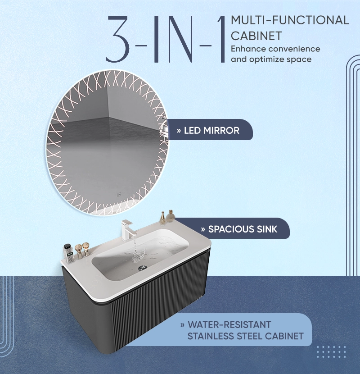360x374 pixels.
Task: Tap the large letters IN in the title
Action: coord(173,39)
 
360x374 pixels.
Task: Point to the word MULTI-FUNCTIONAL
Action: coord(290,20)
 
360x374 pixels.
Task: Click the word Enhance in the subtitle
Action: coord(248,49)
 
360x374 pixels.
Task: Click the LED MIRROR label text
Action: coord(211,131)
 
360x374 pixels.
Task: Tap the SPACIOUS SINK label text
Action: coord(243,229)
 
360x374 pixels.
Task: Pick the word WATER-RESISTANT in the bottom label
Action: coord(229,324)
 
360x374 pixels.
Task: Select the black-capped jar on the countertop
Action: coord(68,254)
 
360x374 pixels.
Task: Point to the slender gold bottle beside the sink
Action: coord(162,218)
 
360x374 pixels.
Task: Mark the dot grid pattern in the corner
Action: coord(331,352)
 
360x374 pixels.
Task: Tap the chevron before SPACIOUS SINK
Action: coord(203,230)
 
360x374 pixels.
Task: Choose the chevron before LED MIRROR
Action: coord(179,131)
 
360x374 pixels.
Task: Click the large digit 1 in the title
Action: coord(221,39)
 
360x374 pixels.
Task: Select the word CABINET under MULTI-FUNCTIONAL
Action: coord(256,36)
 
